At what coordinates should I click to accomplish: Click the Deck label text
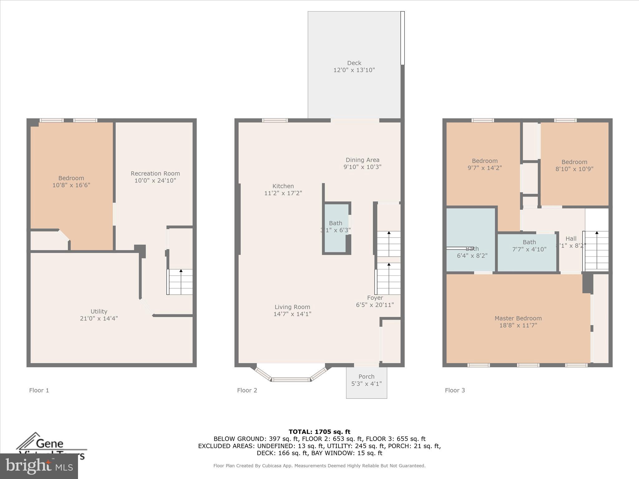354,63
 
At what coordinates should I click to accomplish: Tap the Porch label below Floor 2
366,377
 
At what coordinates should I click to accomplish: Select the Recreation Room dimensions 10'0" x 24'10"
155,181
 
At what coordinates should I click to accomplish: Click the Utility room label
99,312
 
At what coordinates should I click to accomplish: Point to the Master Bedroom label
518,318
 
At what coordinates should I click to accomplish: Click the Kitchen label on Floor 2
283,186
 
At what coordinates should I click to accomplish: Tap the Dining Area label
362,160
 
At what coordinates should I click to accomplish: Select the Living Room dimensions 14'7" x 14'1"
292,314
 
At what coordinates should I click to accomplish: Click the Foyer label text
375,298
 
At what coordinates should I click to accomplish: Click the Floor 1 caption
39,390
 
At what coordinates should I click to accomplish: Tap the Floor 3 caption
455,390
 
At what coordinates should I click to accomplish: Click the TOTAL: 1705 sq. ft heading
319,432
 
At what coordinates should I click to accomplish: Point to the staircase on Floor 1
180,282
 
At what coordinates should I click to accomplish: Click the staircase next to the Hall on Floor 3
596,251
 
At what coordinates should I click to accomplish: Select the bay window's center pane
291,380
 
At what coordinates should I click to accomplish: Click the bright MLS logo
39,466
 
